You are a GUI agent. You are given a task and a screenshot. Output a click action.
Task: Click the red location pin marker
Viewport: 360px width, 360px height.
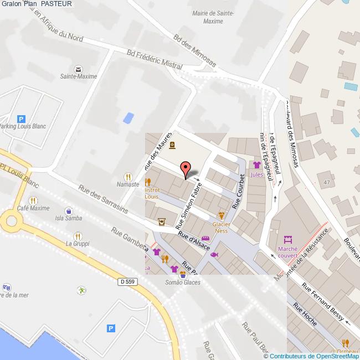click(186, 169)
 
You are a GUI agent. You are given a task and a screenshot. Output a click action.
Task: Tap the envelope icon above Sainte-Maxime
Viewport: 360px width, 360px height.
click(78, 69)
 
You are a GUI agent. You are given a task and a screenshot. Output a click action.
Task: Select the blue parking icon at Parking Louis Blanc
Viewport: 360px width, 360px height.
click(21, 119)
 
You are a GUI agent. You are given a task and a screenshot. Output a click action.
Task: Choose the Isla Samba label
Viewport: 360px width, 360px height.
click(68, 218)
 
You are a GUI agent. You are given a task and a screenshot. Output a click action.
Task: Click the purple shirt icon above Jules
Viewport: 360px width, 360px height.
click(256, 165)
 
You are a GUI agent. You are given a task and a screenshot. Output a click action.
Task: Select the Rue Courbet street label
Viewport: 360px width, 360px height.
click(239, 192)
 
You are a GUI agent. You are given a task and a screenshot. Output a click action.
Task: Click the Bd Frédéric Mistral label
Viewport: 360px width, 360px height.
click(154, 59)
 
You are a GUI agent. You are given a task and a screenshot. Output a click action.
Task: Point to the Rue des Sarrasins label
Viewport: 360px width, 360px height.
click(104, 200)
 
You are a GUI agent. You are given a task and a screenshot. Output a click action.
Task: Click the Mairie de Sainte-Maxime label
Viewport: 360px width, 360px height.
click(213, 17)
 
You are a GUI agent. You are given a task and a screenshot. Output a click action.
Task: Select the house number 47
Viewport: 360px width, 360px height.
click(326, 182)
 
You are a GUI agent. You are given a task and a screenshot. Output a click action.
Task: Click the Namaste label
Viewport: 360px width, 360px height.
click(128, 183)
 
